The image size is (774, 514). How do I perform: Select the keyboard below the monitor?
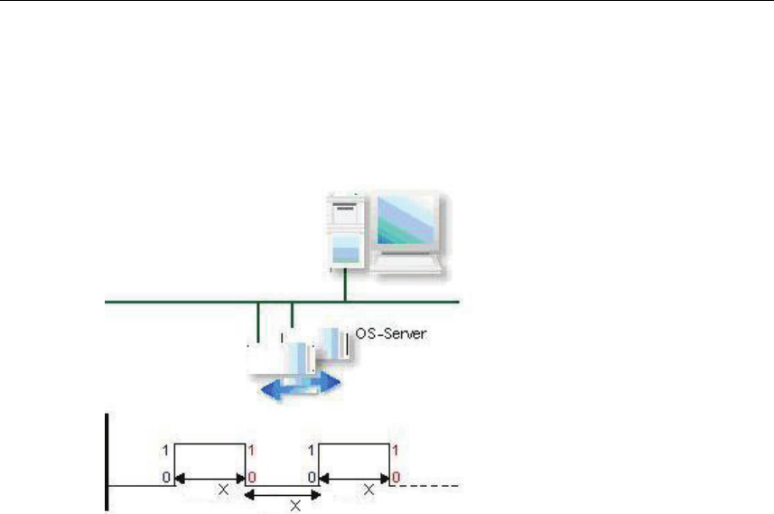click(x=409, y=265)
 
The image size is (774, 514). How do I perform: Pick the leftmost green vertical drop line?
click(x=259, y=322)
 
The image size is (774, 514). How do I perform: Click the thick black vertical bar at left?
click(x=107, y=461)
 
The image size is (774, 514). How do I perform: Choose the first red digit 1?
click(x=252, y=449)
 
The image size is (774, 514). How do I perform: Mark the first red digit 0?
click(x=252, y=476)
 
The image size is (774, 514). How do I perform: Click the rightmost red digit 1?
click(x=396, y=449)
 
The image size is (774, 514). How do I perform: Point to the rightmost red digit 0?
click(x=396, y=476)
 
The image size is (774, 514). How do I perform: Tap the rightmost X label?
click(x=369, y=489)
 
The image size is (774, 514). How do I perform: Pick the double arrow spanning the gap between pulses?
click(x=284, y=494)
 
